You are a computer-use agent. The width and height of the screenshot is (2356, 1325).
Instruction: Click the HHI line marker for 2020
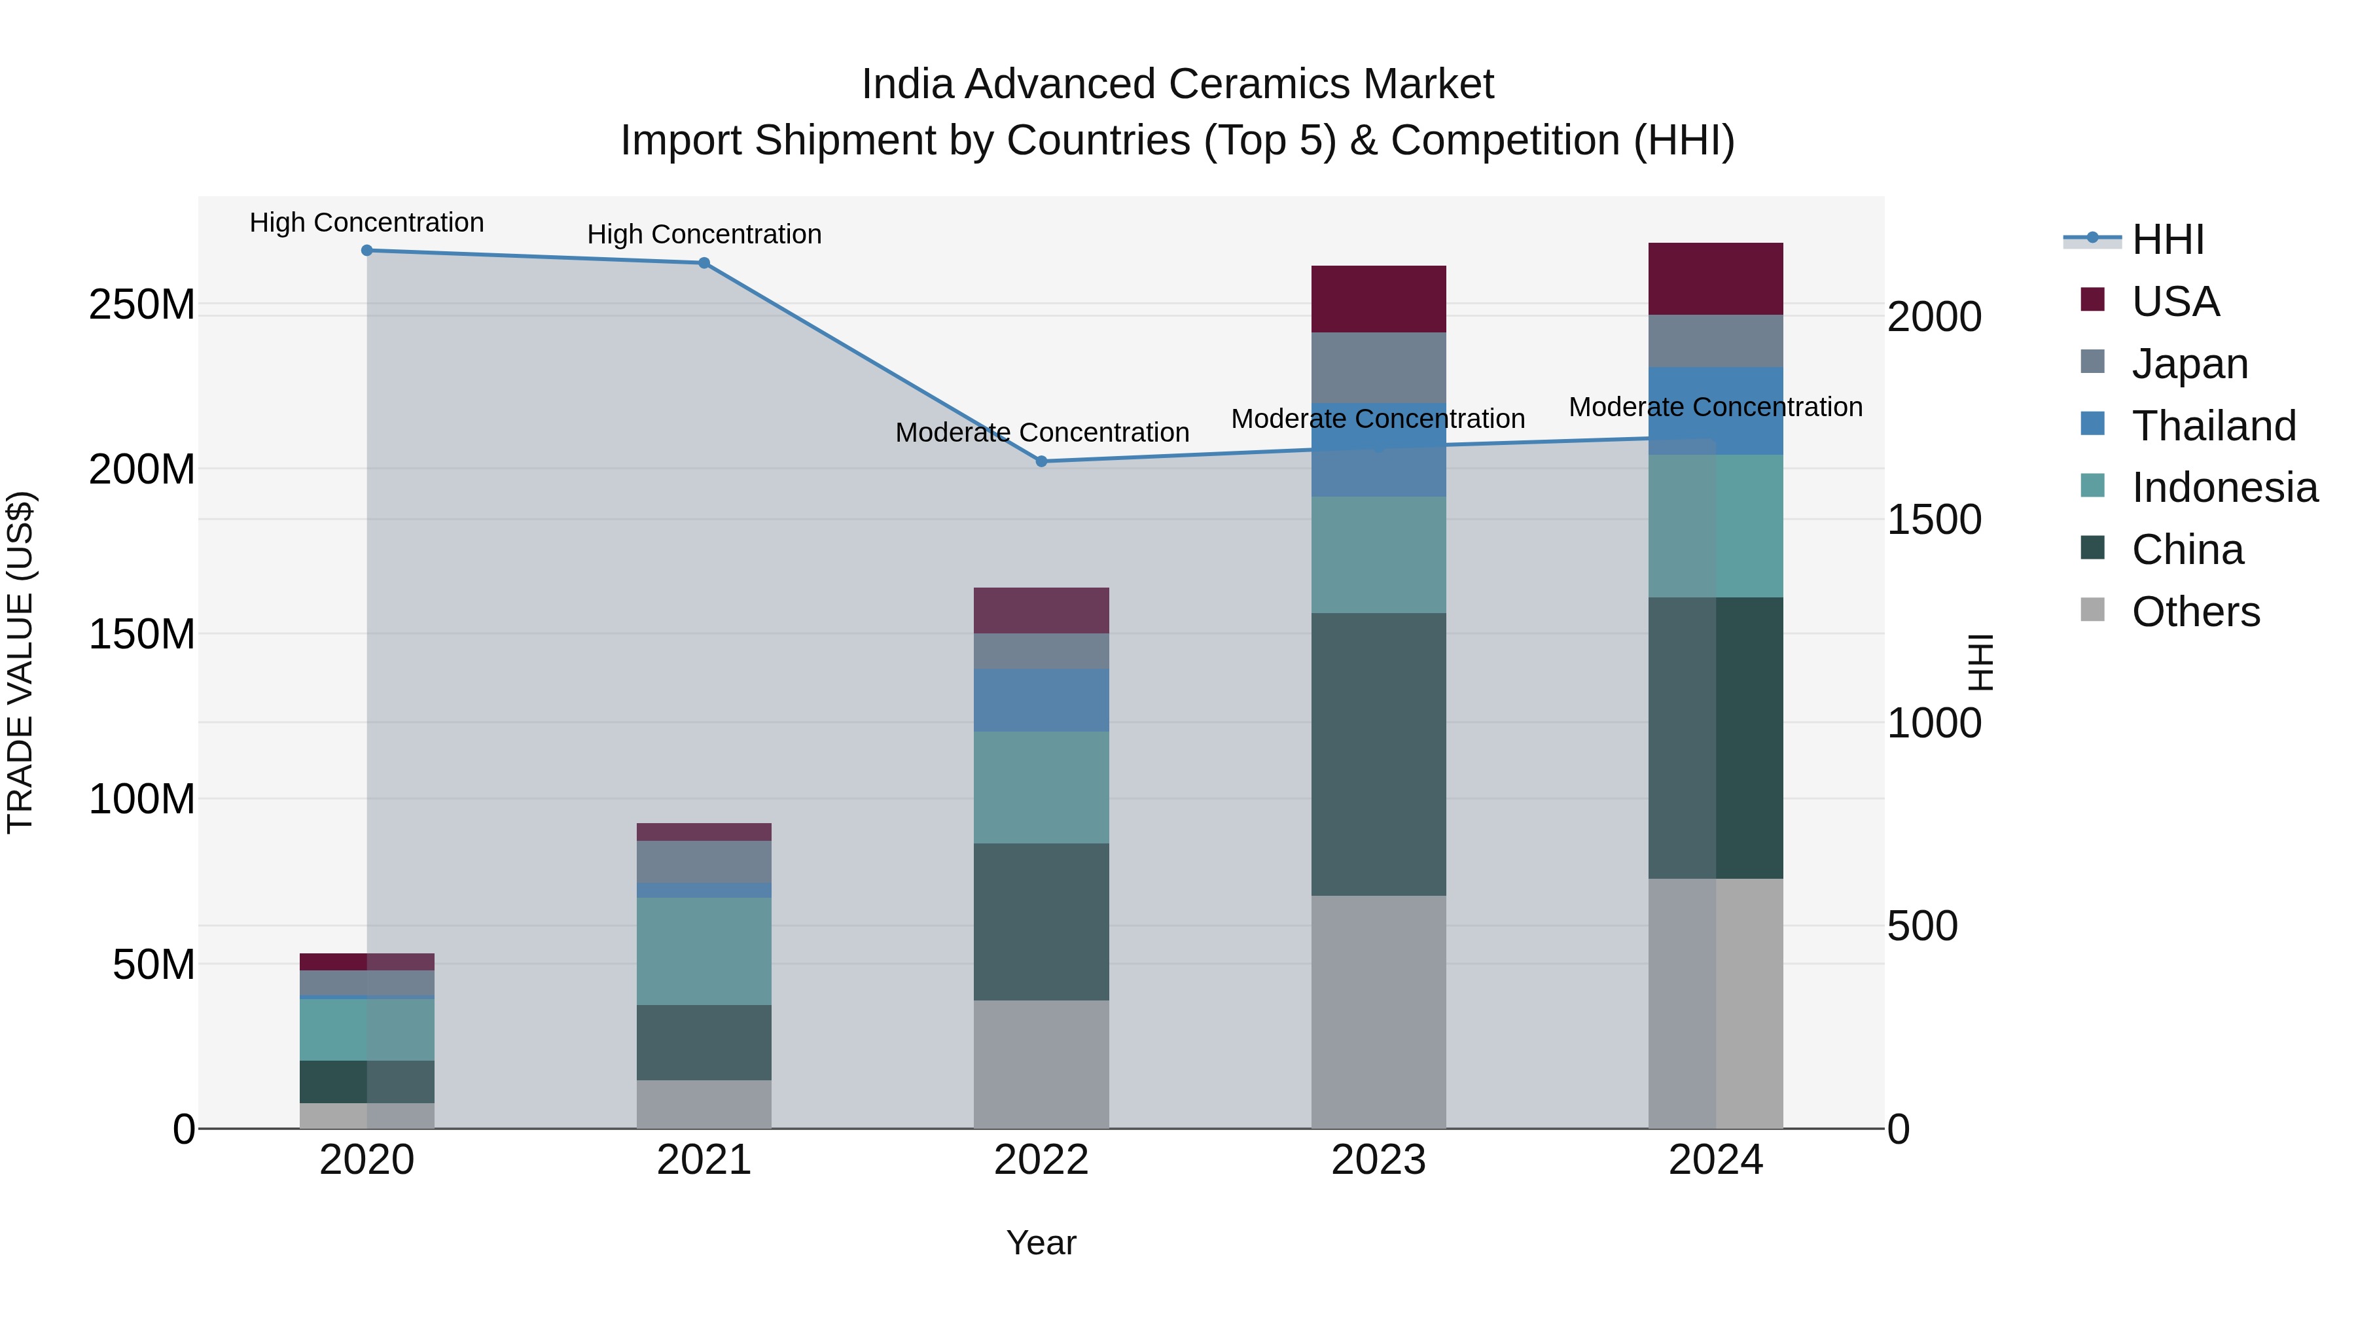pos(366,251)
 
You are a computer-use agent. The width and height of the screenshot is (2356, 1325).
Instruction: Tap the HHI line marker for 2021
pos(704,263)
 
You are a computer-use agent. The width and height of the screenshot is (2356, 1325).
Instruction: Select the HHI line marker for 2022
pos(1041,462)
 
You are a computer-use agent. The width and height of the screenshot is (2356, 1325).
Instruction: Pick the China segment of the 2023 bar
pos(1378,754)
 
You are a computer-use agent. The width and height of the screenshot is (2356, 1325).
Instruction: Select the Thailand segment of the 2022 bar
pos(1041,699)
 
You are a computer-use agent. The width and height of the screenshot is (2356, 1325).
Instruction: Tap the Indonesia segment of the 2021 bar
pos(704,951)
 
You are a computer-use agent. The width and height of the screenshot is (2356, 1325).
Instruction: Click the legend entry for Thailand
pos(2213,426)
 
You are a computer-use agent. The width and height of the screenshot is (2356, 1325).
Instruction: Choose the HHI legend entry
pos(2168,239)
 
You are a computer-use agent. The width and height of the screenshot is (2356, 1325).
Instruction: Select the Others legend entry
pos(2195,612)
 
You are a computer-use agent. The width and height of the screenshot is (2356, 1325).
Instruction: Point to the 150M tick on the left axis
pos(142,633)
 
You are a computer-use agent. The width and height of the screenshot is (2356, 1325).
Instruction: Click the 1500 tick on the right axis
pos(1933,520)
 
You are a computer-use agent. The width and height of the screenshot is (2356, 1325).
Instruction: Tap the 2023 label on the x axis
pos(1378,1160)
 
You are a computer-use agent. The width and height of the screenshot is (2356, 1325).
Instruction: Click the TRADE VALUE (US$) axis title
pos(20,662)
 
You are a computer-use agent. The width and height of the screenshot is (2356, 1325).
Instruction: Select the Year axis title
pos(1041,1243)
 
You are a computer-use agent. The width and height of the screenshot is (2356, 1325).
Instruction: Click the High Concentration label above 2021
pos(704,234)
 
